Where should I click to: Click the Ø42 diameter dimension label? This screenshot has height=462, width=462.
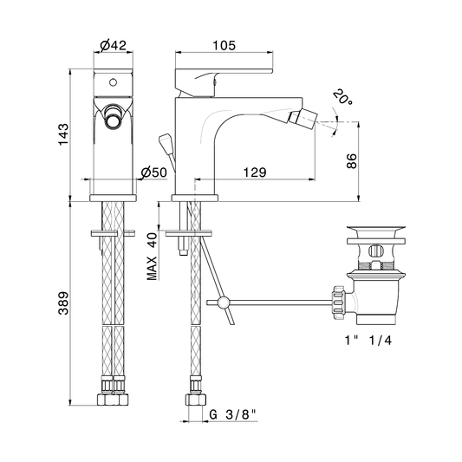[x=114, y=45]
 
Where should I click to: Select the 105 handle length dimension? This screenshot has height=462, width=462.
[x=224, y=45]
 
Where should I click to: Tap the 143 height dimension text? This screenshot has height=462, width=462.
[x=63, y=134]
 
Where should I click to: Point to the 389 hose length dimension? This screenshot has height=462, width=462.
[x=63, y=303]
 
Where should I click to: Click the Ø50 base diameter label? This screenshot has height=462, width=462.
[x=153, y=172]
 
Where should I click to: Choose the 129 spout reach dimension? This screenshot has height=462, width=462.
[x=255, y=172]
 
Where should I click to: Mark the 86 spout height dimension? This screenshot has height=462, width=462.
[x=352, y=161]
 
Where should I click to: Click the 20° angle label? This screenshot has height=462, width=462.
[x=343, y=96]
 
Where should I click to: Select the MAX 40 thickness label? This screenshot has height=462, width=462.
[x=153, y=257]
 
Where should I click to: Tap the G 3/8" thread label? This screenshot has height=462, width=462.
[x=232, y=414]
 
